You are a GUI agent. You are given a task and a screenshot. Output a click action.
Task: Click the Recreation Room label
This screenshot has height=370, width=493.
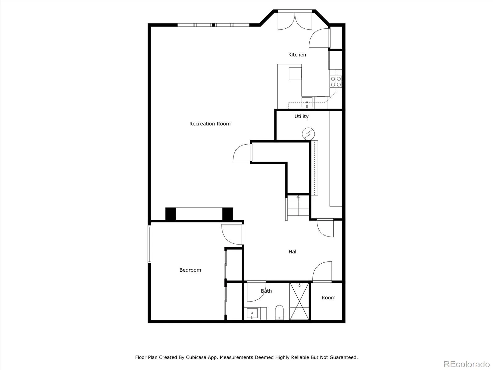pos(210,124)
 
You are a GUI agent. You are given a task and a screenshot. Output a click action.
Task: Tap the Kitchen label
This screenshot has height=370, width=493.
pos(297,55)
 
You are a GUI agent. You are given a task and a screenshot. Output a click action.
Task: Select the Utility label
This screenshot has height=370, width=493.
pos(301,116)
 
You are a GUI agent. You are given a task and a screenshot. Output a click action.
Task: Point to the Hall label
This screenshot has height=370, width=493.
pos(293,251)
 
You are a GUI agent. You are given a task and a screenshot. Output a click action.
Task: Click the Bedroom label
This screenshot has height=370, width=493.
pos(190,270)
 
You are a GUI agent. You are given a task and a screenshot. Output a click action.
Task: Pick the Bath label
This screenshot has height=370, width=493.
pos(266,291)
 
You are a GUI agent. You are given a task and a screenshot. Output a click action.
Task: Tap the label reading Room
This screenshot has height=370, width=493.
pos(328,298)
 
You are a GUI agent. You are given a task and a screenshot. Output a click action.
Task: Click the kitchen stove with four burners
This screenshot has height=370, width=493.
pos(336,81)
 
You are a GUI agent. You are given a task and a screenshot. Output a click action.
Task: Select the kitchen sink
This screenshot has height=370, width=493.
pos(307,103)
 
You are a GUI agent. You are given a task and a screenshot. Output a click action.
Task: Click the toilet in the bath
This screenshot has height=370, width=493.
pos(279,312)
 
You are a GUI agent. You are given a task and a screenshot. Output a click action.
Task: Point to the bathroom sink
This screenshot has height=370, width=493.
pos(252,314)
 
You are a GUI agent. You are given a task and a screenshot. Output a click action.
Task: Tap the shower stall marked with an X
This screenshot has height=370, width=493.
pos(299,301)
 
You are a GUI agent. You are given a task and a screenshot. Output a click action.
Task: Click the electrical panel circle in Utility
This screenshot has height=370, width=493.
pos(308,134)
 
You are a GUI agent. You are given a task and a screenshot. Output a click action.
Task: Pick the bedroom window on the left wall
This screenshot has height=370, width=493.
pos(149,244)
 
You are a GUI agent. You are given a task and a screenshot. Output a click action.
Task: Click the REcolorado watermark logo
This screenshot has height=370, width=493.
pos(467,364)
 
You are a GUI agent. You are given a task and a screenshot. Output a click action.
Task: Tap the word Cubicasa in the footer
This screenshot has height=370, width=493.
pos(196,357)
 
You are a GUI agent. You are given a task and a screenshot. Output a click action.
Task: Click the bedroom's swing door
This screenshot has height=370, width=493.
pos(233,234)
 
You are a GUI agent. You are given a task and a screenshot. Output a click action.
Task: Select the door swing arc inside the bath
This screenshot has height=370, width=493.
pos(256,292)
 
